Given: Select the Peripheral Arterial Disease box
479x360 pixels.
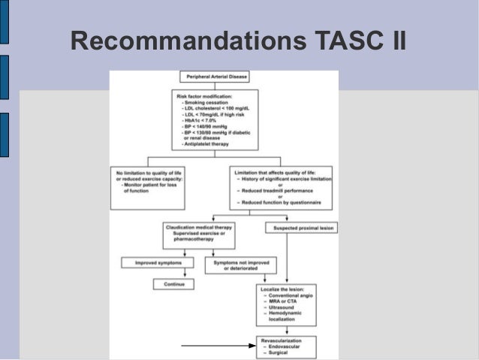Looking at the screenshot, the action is [214, 77].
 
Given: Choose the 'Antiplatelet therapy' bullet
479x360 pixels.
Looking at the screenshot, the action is [210, 144].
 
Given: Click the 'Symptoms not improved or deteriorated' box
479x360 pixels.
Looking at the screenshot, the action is [240, 265].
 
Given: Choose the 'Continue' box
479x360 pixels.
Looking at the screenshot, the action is [173, 283].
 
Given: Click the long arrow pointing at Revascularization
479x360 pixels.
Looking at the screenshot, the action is [218, 345].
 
